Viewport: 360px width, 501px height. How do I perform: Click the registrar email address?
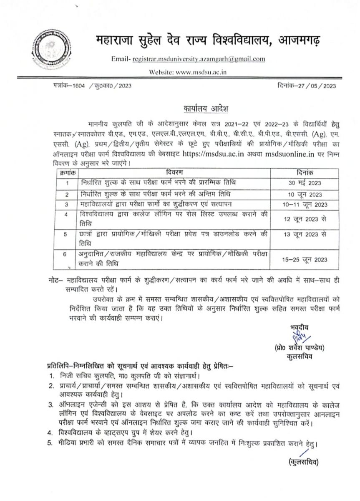198,59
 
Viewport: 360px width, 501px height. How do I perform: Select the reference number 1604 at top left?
73,86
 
